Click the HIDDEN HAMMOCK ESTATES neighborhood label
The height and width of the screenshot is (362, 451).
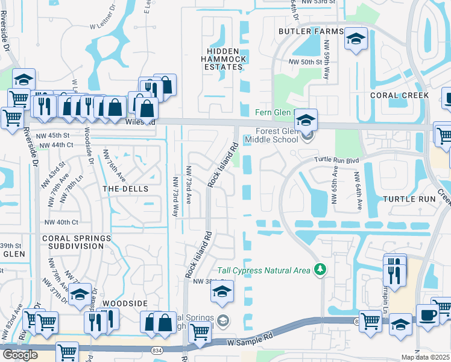(x=222, y=59)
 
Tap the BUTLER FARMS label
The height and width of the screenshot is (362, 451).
(x=311, y=31)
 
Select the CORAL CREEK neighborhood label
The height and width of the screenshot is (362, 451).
(x=399, y=95)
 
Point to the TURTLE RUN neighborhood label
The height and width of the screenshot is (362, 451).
(x=409, y=198)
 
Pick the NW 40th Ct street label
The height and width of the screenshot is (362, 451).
(x=61, y=221)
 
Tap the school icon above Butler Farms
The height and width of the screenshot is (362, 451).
(x=356, y=39)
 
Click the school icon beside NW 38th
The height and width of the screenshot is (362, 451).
(x=222, y=293)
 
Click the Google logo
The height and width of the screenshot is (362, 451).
(x=20, y=354)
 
